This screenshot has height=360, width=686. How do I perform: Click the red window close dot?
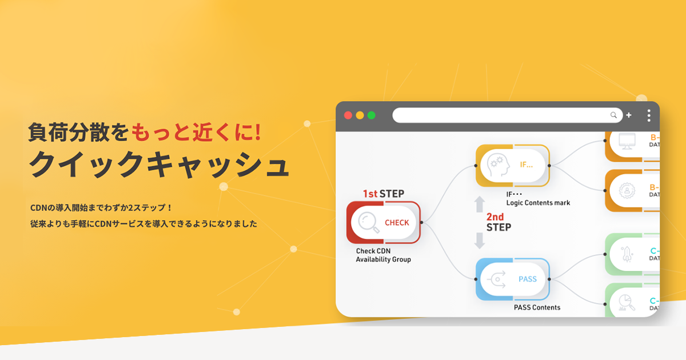(348, 115)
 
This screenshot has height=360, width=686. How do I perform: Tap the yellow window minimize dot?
(360, 115)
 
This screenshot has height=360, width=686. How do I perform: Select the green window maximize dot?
(372, 115)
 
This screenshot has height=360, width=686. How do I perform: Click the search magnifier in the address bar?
(614, 115)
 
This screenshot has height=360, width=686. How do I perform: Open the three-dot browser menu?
(648, 115)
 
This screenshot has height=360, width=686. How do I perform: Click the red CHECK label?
(397, 223)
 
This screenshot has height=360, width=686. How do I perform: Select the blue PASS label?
(527, 279)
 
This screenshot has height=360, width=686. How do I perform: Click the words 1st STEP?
(383, 194)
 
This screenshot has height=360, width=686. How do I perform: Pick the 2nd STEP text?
(498, 222)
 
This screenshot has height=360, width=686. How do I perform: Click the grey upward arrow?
(480, 205)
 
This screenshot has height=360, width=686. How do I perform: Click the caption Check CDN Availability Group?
(383, 255)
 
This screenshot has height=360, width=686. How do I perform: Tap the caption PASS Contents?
(537, 307)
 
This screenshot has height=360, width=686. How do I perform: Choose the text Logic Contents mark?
(538, 203)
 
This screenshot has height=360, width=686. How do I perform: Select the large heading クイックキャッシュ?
(159, 166)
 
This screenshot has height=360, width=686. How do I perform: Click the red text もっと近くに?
(197, 133)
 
